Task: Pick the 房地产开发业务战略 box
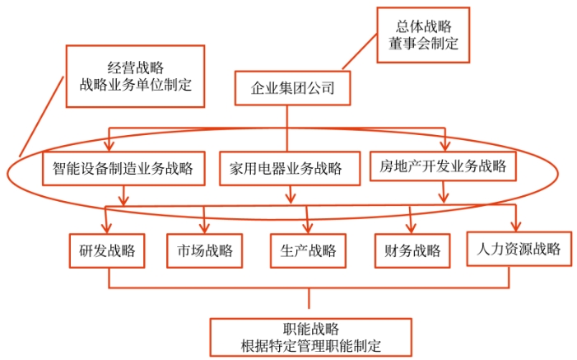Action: coord(443,167)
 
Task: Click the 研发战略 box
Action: coord(107,250)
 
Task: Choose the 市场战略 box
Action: coord(205,250)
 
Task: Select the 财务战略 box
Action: coord(412,250)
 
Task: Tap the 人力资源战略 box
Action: coord(518,249)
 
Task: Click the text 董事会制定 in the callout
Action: coord(423,44)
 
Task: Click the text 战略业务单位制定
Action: coord(135,84)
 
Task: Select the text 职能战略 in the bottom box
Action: coord(310,327)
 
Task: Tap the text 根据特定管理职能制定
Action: coord(310,345)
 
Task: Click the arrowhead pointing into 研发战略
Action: coord(109,228)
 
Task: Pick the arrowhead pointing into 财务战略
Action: coord(411,228)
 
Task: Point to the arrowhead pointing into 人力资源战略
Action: coord(517,227)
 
